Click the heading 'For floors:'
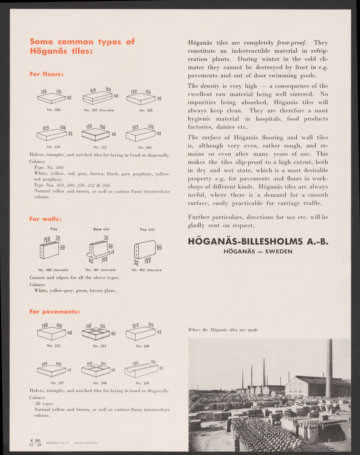click(x=46, y=74)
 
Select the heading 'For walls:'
click(x=45, y=219)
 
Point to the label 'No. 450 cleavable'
click(x=99, y=110)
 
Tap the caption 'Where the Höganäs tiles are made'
click(x=223, y=330)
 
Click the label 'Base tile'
click(x=101, y=229)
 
